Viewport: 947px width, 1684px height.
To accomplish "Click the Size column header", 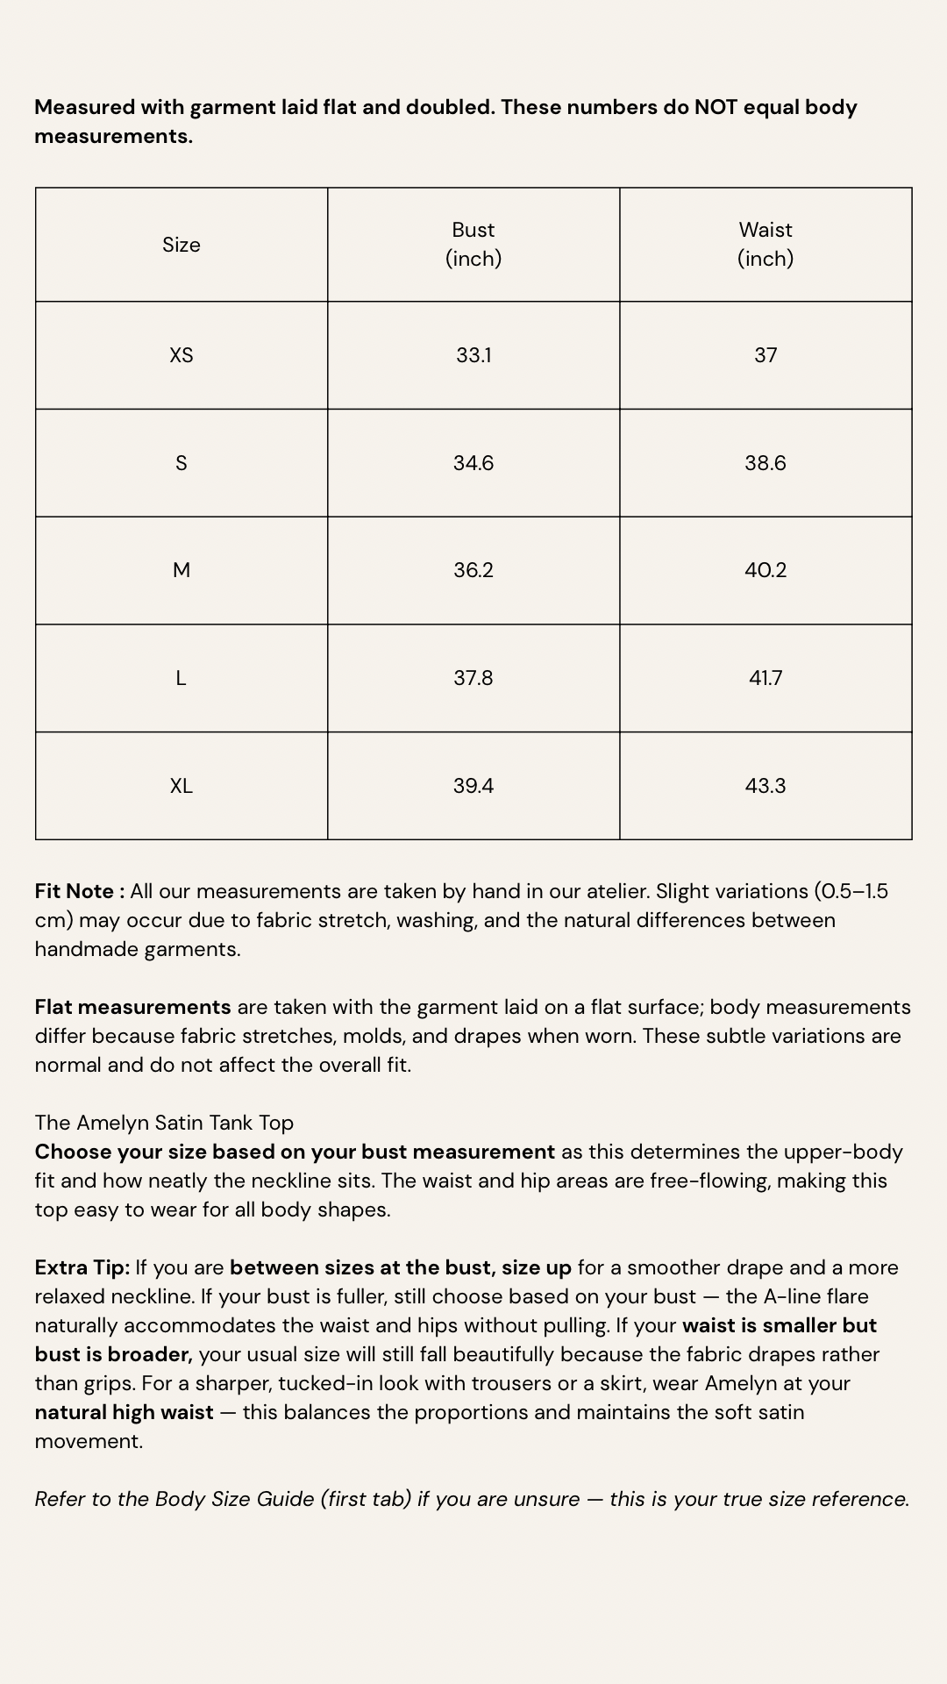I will [x=182, y=245].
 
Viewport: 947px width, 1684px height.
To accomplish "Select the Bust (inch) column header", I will [x=473, y=244].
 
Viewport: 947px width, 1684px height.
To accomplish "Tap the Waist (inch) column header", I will [x=765, y=244].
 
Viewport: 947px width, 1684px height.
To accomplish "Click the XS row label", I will [x=182, y=355].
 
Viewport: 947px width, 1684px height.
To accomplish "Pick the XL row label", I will [x=182, y=786].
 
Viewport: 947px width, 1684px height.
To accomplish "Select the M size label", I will [x=182, y=570].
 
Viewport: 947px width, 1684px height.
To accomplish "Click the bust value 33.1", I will [x=473, y=355].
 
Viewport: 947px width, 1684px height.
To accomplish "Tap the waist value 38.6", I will [x=765, y=463].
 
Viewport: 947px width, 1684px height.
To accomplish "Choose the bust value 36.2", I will [x=473, y=570].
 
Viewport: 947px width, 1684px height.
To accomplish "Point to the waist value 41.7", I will [x=765, y=678].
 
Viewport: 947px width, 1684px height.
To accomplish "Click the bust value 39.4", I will [x=473, y=786].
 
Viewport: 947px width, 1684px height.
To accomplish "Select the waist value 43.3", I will [x=765, y=786].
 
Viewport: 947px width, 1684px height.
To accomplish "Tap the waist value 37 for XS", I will [x=765, y=355].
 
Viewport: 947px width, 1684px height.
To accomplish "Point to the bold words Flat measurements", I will [x=132, y=1007].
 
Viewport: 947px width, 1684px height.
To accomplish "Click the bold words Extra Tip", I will [x=82, y=1267].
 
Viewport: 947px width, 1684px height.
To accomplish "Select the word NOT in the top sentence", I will [x=716, y=107].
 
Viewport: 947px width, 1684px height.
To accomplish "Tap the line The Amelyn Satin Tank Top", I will [x=164, y=1123].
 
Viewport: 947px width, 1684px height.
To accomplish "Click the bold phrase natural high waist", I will [x=124, y=1412].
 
